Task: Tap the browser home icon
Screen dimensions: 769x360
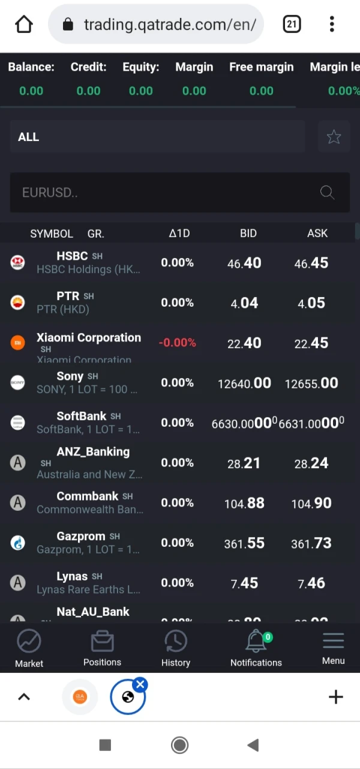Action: (24, 25)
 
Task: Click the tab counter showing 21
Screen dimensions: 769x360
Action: (292, 25)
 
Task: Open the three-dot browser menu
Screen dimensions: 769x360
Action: (332, 25)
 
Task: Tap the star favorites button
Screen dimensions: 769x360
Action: (334, 137)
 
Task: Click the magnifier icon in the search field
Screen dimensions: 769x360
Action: (327, 192)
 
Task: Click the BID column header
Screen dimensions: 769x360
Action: (248, 234)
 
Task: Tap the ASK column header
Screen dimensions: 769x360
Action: (317, 234)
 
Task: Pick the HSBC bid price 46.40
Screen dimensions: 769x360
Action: (244, 263)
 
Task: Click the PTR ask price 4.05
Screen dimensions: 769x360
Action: (311, 303)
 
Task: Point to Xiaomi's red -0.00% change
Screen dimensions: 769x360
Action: (177, 343)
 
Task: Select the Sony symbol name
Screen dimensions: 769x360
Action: (70, 376)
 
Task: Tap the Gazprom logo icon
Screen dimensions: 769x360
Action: (18, 543)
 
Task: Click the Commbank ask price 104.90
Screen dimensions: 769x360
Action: (311, 503)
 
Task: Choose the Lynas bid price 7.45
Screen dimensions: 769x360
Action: (244, 583)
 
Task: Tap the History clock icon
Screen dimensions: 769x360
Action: (176, 642)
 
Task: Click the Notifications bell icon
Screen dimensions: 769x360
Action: (256, 642)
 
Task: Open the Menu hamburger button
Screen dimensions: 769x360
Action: (333, 642)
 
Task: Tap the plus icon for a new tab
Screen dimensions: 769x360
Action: (335, 697)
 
